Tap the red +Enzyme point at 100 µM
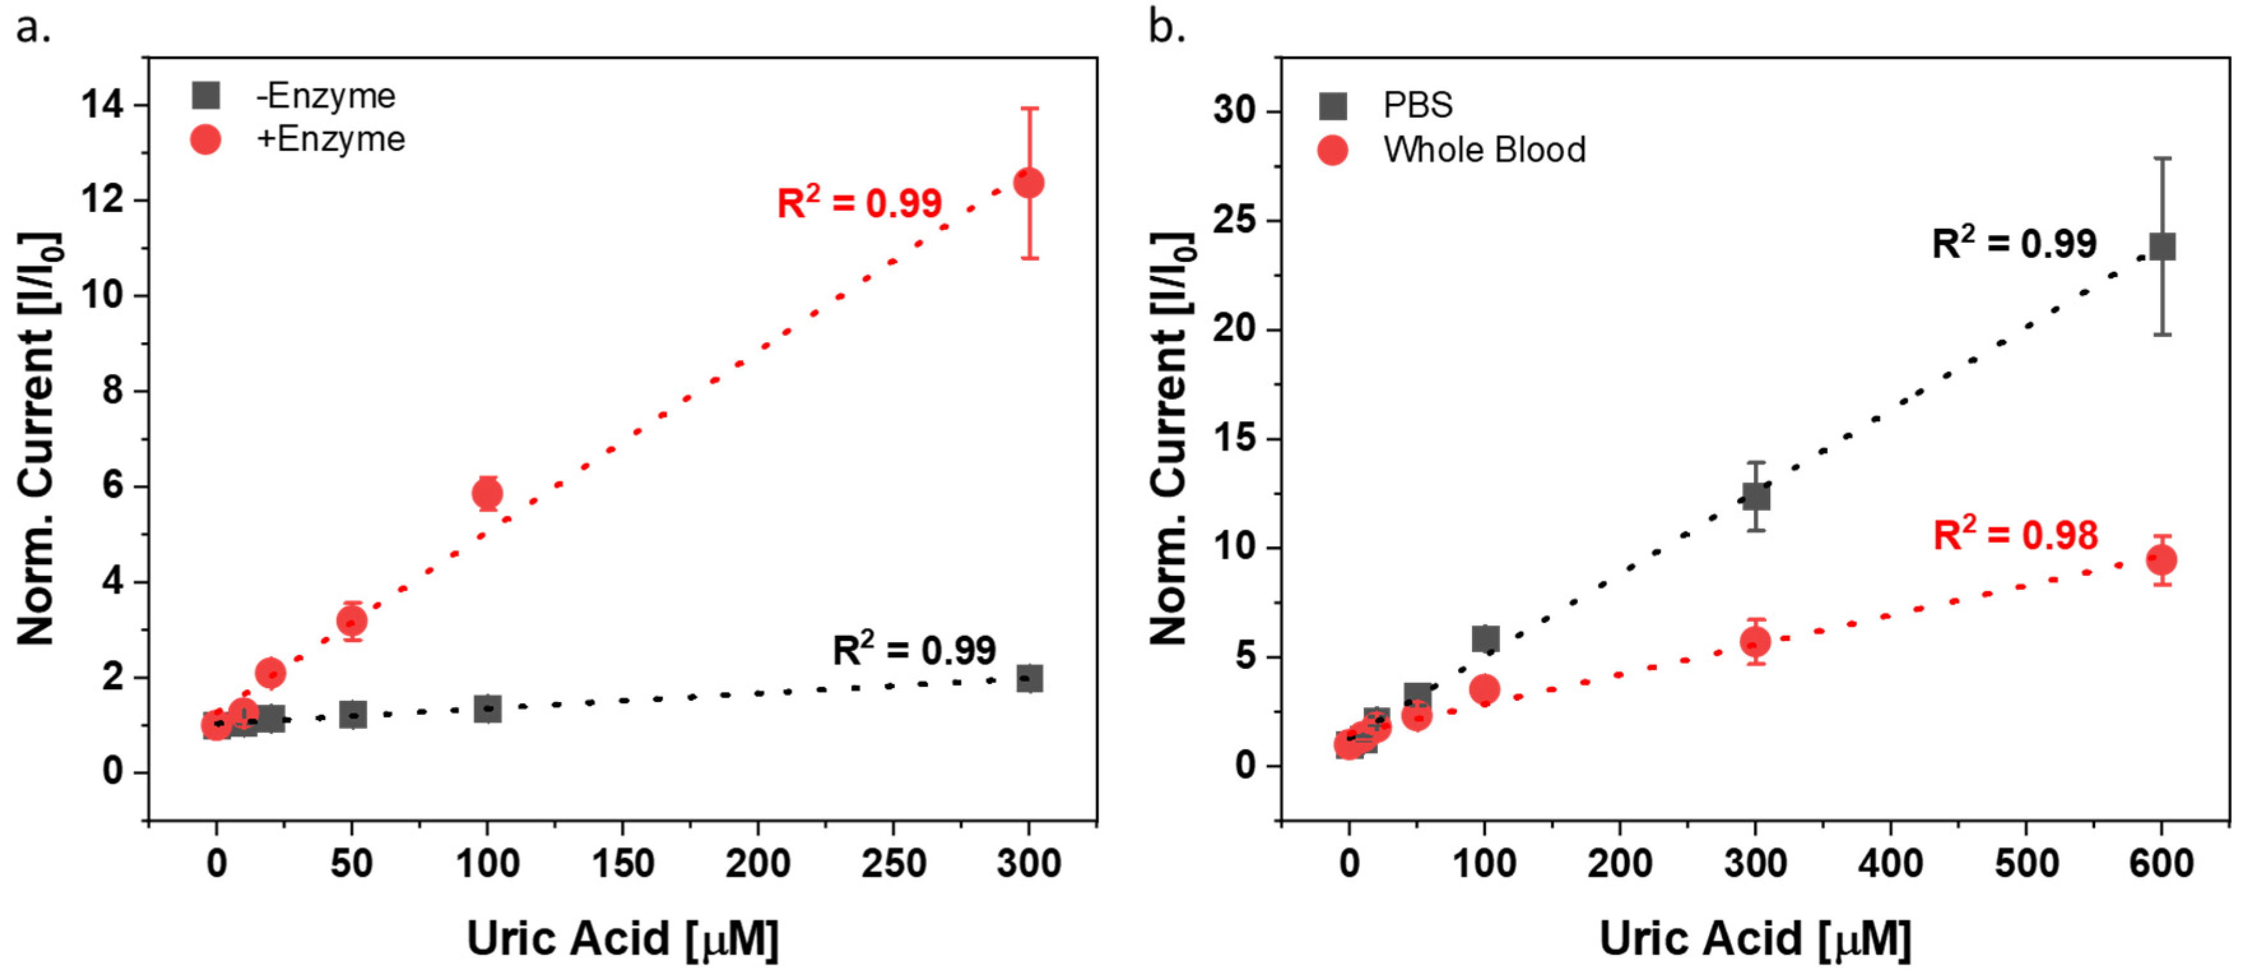tap(487, 494)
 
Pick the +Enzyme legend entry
tap(297, 140)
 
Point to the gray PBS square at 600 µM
tap(2161, 247)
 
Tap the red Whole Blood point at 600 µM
tap(2161, 559)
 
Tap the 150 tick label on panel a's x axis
tap(622, 863)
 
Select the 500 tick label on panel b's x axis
tap(2026, 863)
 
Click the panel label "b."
tap(1167, 28)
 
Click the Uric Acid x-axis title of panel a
tap(622, 939)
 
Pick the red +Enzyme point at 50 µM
tap(352, 621)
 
